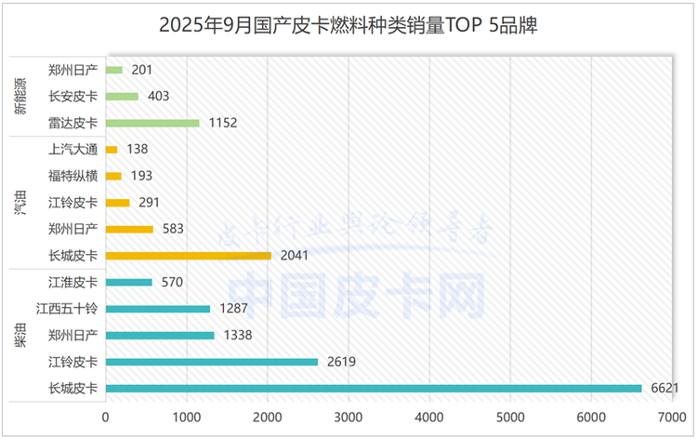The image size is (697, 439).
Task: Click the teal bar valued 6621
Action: pos(374,388)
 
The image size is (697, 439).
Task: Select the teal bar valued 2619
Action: pos(212,362)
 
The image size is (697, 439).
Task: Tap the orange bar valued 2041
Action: pos(189,255)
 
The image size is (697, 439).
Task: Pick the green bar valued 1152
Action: pos(152,123)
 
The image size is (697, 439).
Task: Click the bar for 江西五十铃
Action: pos(158,308)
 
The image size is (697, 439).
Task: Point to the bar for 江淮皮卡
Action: pos(129,282)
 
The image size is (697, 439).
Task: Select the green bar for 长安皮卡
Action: pos(123,96)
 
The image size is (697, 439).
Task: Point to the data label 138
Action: pos(138,149)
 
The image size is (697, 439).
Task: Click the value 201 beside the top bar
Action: pos(142,70)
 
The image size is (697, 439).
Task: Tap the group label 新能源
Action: pos(20,96)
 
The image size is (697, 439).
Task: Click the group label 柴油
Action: pos(20,335)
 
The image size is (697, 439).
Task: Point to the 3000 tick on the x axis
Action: pos(348,418)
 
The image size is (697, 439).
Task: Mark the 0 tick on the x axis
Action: pos(106,418)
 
